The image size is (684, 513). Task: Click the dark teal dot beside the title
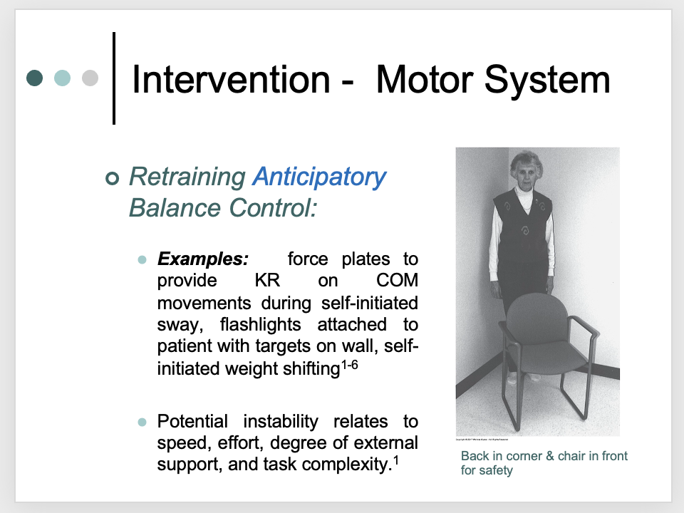[35, 78]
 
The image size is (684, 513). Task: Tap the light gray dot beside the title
[90, 78]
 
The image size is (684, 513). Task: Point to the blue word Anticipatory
[319, 177]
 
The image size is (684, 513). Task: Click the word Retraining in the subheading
[187, 177]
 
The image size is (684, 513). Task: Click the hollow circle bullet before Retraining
[111, 178]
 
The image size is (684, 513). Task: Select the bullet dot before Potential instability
[142, 421]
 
